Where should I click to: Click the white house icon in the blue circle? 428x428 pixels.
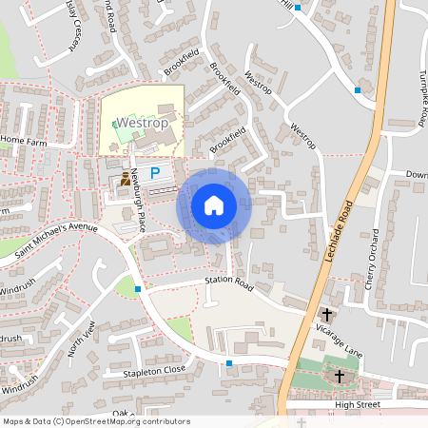213,204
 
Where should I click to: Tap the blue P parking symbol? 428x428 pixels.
154,175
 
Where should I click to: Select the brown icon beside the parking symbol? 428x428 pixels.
126,178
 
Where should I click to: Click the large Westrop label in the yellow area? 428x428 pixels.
142,124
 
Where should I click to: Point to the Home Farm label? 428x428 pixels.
24,140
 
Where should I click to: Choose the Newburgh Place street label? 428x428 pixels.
139,200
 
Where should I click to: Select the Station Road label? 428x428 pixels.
230,282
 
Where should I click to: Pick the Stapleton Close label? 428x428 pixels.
154,370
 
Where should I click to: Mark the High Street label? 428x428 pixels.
357,404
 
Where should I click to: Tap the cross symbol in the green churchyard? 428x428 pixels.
339,377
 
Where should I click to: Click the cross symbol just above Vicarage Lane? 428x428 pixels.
327,314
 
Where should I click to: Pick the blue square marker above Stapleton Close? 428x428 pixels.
229,363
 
